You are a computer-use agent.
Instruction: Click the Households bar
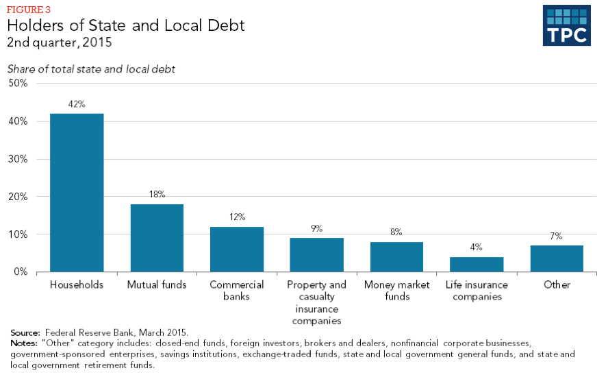pos(77,193)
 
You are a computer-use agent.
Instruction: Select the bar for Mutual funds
pos(157,238)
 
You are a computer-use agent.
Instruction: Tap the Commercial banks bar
pos(237,249)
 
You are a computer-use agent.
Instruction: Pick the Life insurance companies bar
pos(476,264)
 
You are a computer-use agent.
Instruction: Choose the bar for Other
pos(556,258)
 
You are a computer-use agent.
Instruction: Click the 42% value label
pos(77,104)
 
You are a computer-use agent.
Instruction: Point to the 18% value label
pos(157,195)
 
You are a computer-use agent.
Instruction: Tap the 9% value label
pos(316,229)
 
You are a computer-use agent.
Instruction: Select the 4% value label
pos(476,247)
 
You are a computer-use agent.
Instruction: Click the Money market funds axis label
pos(397,291)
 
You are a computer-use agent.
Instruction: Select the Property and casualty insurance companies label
pos(316,302)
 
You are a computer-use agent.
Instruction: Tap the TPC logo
pos(566,25)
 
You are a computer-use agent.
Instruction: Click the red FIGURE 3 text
pos(29,10)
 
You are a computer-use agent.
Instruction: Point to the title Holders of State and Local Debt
pos(126,25)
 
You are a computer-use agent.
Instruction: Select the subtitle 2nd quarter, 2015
pos(60,42)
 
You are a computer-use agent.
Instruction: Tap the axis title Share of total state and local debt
pos(91,69)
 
